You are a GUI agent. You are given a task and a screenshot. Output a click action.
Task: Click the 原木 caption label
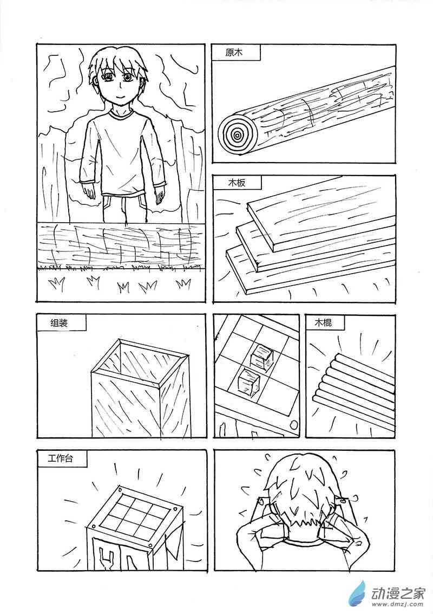(234, 52)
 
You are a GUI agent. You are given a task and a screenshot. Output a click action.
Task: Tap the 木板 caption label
(237, 183)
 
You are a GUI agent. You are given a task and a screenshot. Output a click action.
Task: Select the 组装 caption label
(59, 322)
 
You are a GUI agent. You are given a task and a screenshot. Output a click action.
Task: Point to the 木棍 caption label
(324, 323)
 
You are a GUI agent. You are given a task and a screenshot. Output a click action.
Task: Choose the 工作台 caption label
(60, 458)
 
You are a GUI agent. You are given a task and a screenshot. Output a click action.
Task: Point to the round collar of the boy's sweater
(121, 114)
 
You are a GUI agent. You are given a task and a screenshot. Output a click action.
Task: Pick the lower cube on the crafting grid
(249, 381)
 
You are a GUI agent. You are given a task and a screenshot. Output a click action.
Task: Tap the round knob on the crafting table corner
(293, 425)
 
